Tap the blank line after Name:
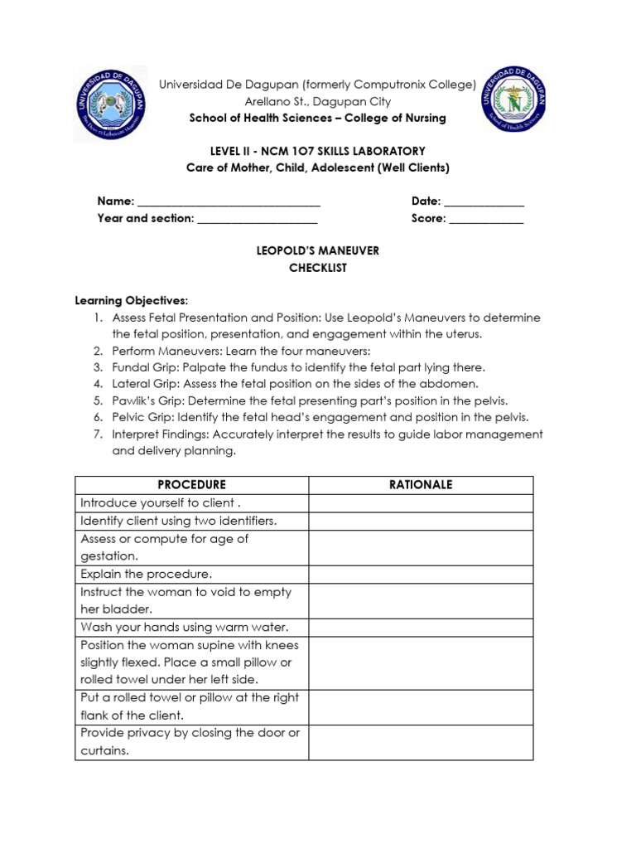pyautogui.click(x=229, y=201)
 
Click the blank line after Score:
pyautogui.click(x=486, y=219)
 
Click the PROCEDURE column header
pyautogui.click(x=191, y=485)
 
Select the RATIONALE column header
pyautogui.click(x=421, y=485)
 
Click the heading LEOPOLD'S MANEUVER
pyautogui.click(x=318, y=250)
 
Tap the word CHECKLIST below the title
pyautogui.click(x=318, y=268)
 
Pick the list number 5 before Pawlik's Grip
pyautogui.click(x=97, y=400)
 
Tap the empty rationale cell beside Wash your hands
pyautogui.click(x=421, y=627)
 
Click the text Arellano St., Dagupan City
pyautogui.click(x=318, y=101)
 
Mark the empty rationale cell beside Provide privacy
pyautogui.click(x=421, y=742)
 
